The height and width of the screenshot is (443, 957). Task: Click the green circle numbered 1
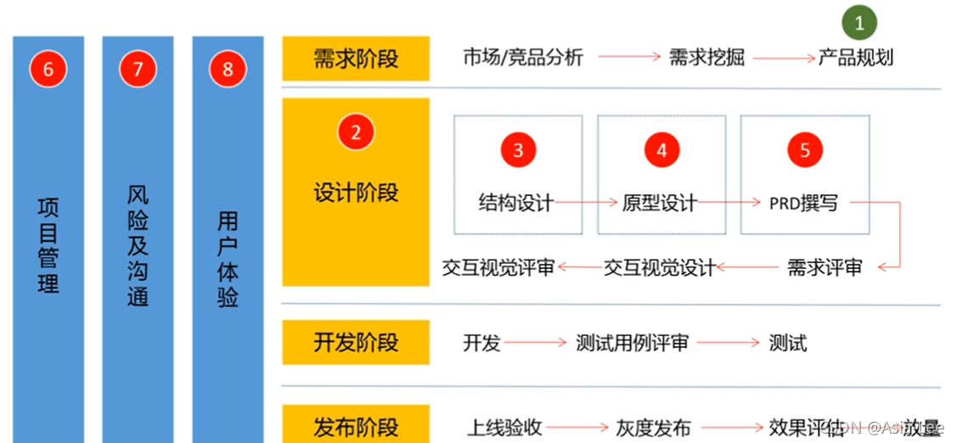(x=858, y=24)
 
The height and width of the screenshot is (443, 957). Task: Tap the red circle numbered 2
(x=356, y=132)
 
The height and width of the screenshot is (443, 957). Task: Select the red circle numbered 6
(x=48, y=70)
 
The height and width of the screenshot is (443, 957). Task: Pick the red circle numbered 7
(x=138, y=70)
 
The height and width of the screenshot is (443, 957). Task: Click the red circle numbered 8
(x=228, y=70)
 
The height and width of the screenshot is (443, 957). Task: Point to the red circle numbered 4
(x=661, y=150)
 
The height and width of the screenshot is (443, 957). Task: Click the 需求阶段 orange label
(x=356, y=59)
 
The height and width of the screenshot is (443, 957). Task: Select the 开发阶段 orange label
(x=356, y=343)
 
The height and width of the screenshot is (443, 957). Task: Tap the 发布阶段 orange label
(x=356, y=426)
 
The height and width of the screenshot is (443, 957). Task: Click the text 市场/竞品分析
(x=523, y=58)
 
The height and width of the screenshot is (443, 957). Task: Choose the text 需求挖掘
(x=706, y=58)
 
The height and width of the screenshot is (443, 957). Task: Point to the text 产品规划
(x=855, y=58)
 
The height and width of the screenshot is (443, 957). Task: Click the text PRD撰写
(x=803, y=204)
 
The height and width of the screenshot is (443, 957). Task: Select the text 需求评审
(x=825, y=268)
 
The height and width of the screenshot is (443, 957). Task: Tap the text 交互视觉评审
(x=498, y=268)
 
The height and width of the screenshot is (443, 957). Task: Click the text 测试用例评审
(x=632, y=343)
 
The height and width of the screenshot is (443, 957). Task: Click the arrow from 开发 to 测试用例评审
(x=534, y=343)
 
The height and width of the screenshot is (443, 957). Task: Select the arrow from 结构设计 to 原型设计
(x=588, y=203)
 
